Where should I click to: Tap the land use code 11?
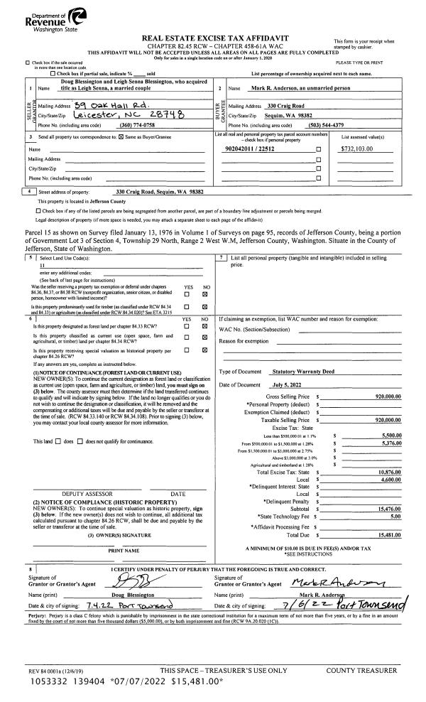click(43, 263)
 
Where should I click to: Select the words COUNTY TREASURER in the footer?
click(360, 671)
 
